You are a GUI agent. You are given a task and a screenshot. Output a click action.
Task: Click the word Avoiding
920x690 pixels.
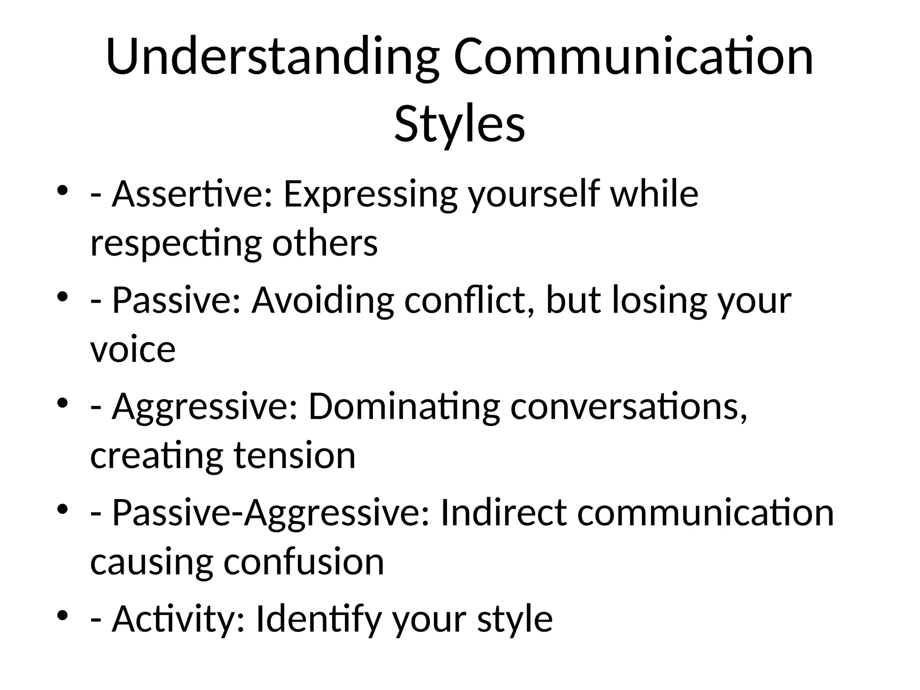click(x=322, y=301)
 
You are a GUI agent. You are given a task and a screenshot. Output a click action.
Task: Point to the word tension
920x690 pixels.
click(x=295, y=456)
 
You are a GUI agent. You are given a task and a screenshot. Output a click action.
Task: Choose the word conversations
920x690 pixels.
click(x=628, y=407)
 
